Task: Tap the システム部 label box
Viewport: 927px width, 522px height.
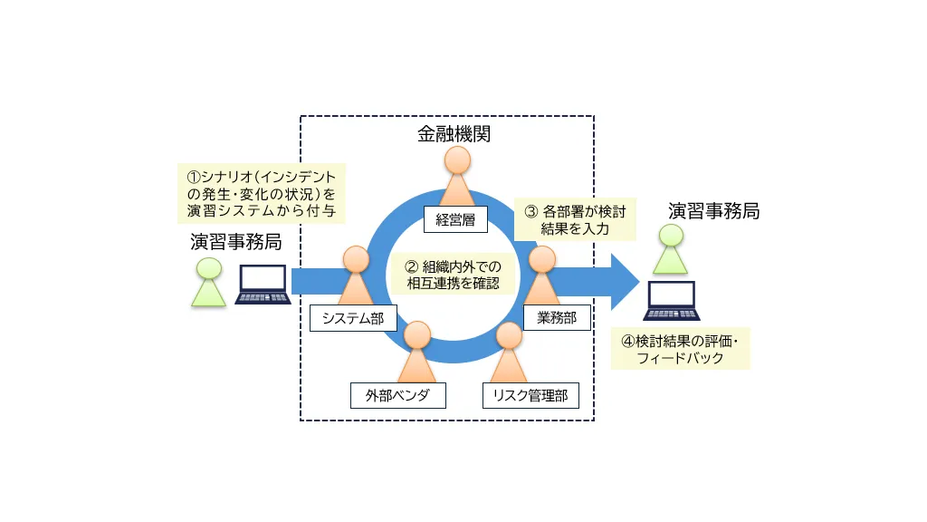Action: [352, 318]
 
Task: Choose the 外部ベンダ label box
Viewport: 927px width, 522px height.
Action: [398, 395]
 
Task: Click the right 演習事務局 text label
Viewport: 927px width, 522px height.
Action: [713, 211]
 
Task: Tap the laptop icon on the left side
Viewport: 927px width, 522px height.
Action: [262, 285]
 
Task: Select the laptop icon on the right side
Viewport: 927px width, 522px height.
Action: [670, 301]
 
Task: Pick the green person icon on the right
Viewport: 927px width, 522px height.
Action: [671, 249]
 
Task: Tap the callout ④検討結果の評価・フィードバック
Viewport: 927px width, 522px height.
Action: [680, 349]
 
